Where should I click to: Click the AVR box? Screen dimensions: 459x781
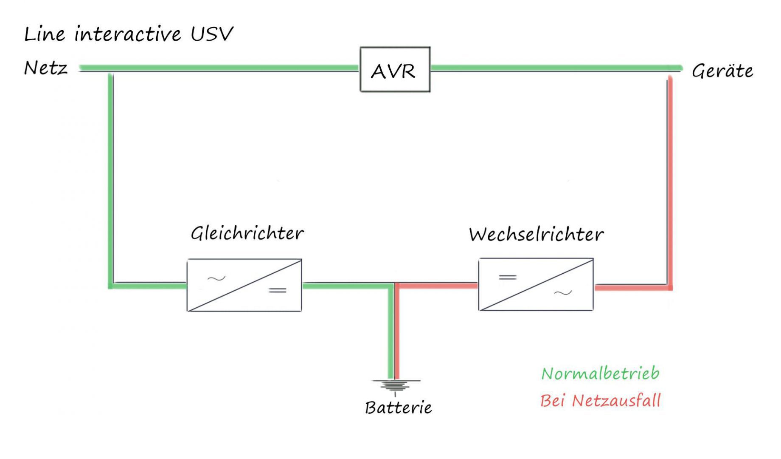(395, 70)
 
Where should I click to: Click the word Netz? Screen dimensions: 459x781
(46, 68)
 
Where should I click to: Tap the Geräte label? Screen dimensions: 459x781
(722, 71)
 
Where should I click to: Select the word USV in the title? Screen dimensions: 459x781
(212, 34)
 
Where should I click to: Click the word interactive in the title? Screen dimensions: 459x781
(128, 34)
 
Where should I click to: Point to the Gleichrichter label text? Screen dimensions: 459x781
(247, 233)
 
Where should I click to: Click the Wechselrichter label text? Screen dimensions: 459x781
(536, 235)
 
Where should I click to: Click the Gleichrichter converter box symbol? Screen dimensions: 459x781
(244, 285)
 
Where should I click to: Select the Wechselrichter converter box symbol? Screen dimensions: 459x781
(536, 284)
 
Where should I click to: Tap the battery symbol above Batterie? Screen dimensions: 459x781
(395, 385)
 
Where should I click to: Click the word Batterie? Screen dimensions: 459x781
(398, 408)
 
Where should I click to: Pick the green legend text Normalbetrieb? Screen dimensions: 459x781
(600, 374)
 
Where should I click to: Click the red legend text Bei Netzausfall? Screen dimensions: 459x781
(600, 401)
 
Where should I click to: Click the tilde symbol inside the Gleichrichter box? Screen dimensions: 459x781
(216, 279)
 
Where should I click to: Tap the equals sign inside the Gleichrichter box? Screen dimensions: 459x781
(278, 291)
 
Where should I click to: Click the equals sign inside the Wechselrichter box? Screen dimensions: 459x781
(508, 278)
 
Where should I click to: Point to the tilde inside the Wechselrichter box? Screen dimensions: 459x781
(563, 293)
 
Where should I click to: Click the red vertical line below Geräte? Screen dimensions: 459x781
(670, 178)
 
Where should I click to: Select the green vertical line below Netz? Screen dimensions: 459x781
(111, 178)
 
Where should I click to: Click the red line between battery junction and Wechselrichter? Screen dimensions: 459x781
(437, 286)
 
